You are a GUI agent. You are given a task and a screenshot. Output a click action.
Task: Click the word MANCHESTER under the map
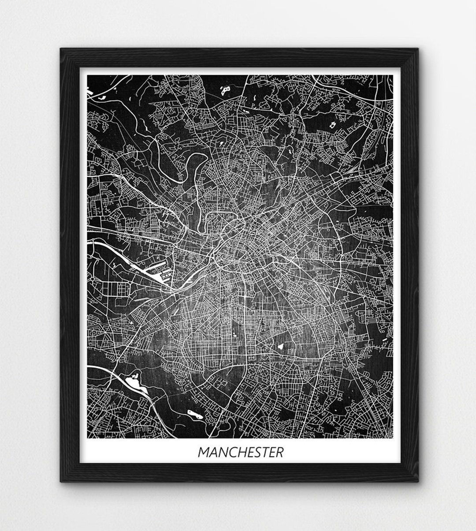(240, 452)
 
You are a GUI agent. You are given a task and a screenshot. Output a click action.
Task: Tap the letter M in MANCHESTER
(204, 452)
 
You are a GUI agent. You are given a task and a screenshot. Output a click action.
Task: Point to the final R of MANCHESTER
(279, 452)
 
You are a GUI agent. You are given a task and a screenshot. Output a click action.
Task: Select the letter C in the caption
(230, 452)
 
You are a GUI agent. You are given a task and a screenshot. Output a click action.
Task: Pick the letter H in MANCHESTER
(239, 452)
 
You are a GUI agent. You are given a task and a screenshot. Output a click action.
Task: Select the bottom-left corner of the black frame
(61, 481)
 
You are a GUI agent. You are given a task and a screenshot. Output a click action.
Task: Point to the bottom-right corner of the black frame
(416, 481)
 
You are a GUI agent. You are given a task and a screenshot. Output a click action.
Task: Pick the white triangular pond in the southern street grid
(280, 347)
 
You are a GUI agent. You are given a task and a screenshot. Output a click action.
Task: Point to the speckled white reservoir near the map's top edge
(226, 90)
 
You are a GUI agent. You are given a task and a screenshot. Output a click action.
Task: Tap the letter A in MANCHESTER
(213, 452)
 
